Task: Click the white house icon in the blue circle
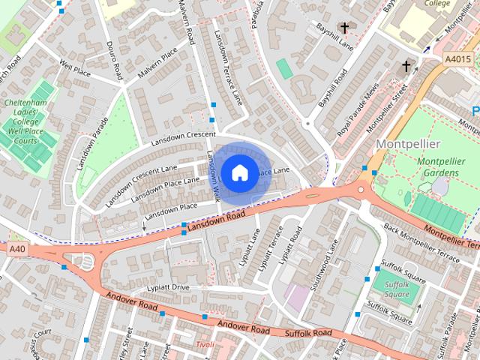pyautogui.click(x=239, y=172)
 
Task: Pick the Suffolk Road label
pyautogui.click(x=308, y=332)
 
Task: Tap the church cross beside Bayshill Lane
pyautogui.click(x=344, y=28)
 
